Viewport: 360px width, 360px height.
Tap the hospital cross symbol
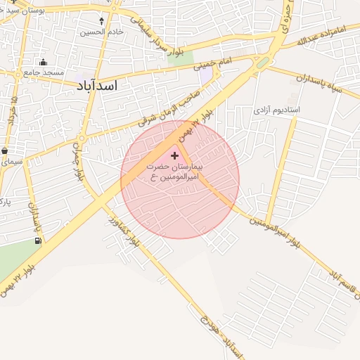(x=174, y=155)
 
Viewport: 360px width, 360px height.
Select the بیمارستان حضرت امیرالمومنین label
(x=175, y=172)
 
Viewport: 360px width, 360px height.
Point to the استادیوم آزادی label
(x=276, y=110)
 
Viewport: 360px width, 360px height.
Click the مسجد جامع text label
(x=44, y=72)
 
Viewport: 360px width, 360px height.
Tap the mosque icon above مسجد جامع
(x=44, y=62)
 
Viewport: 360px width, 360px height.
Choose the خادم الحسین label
(x=102, y=32)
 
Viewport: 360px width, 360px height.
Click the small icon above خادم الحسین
(x=102, y=21)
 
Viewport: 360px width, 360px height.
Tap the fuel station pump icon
(x=37, y=240)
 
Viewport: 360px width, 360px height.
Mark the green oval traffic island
(x=262, y=63)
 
